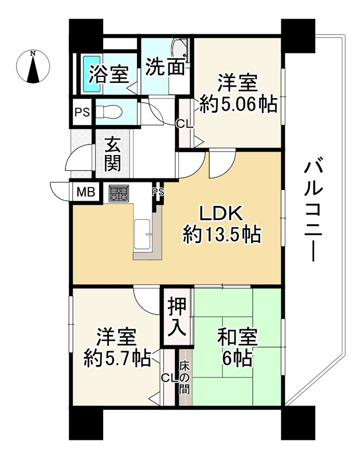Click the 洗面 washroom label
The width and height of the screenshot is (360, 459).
(x=165, y=67)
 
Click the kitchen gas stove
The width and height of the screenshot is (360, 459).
(x=119, y=193)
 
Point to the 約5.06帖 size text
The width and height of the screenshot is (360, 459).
(x=238, y=104)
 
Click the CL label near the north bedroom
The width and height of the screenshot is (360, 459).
(x=184, y=123)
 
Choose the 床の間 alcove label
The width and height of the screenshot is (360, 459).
(x=185, y=377)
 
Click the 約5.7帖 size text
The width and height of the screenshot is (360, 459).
(x=116, y=358)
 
